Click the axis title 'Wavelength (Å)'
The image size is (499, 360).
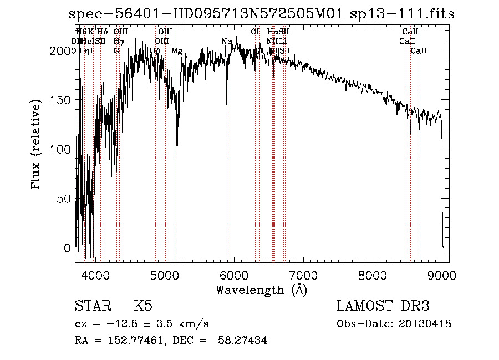(x=261, y=290)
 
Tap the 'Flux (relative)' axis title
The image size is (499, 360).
(x=37, y=146)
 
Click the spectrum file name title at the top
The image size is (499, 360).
(x=261, y=14)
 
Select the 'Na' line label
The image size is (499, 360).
(x=226, y=42)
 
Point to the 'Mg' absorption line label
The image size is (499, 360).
(x=176, y=51)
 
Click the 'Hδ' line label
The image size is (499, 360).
(x=102, y=32)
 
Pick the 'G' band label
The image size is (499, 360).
(x=116, y=51)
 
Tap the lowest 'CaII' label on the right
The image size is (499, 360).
(x=419, y=51)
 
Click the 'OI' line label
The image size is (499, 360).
(x=255, y=32)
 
